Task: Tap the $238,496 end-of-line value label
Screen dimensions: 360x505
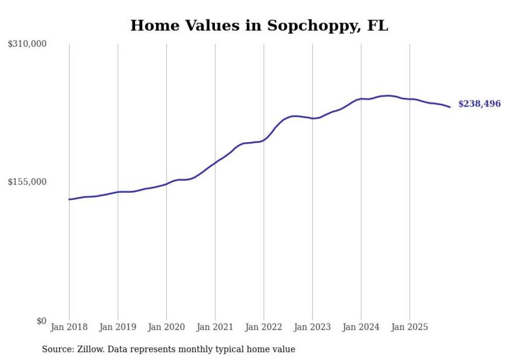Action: coord(479,104)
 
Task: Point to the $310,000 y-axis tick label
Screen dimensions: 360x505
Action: coord(27,44)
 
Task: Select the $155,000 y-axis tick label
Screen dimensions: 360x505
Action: coord(27,182)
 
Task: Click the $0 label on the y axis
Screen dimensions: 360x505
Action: coord(41,321)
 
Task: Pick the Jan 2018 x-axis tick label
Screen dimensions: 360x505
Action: coord(69,327)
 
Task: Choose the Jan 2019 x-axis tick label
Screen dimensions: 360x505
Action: coord(117,327)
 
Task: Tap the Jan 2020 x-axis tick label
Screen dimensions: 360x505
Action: coord(166,327)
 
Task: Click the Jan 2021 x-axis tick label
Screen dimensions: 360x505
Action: coord(215,327)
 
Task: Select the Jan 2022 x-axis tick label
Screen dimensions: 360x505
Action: coord(264,327)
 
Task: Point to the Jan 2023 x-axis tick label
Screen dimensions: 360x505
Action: coord(312,327)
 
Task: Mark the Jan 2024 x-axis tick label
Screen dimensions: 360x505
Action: coord(361,327)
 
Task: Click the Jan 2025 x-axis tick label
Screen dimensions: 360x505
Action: coord(410,327)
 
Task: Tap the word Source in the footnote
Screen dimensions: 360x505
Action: coord(56,349)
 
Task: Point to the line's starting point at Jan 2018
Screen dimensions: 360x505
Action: coord(69,199)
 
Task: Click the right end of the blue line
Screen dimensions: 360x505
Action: coord(450,107)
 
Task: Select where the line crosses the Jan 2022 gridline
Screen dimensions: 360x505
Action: coord(264,140)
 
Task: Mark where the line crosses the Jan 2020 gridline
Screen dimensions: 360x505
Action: coord(166,184)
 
